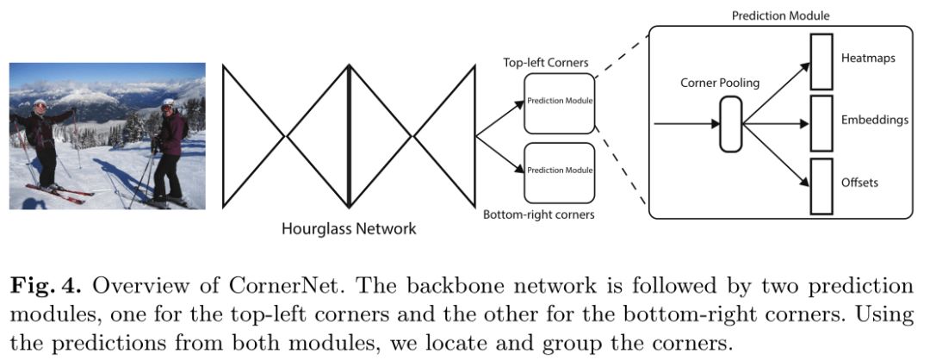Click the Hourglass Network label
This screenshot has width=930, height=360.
(350, 229)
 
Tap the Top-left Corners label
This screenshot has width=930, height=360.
(546, 63)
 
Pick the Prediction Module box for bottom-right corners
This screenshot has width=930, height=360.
(560, 171)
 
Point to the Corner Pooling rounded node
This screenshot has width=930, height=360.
(729, 124)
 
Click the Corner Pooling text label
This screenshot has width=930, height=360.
(720, 84)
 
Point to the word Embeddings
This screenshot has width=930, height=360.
(875, 121)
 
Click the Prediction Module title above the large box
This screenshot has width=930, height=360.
(780, 16)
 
